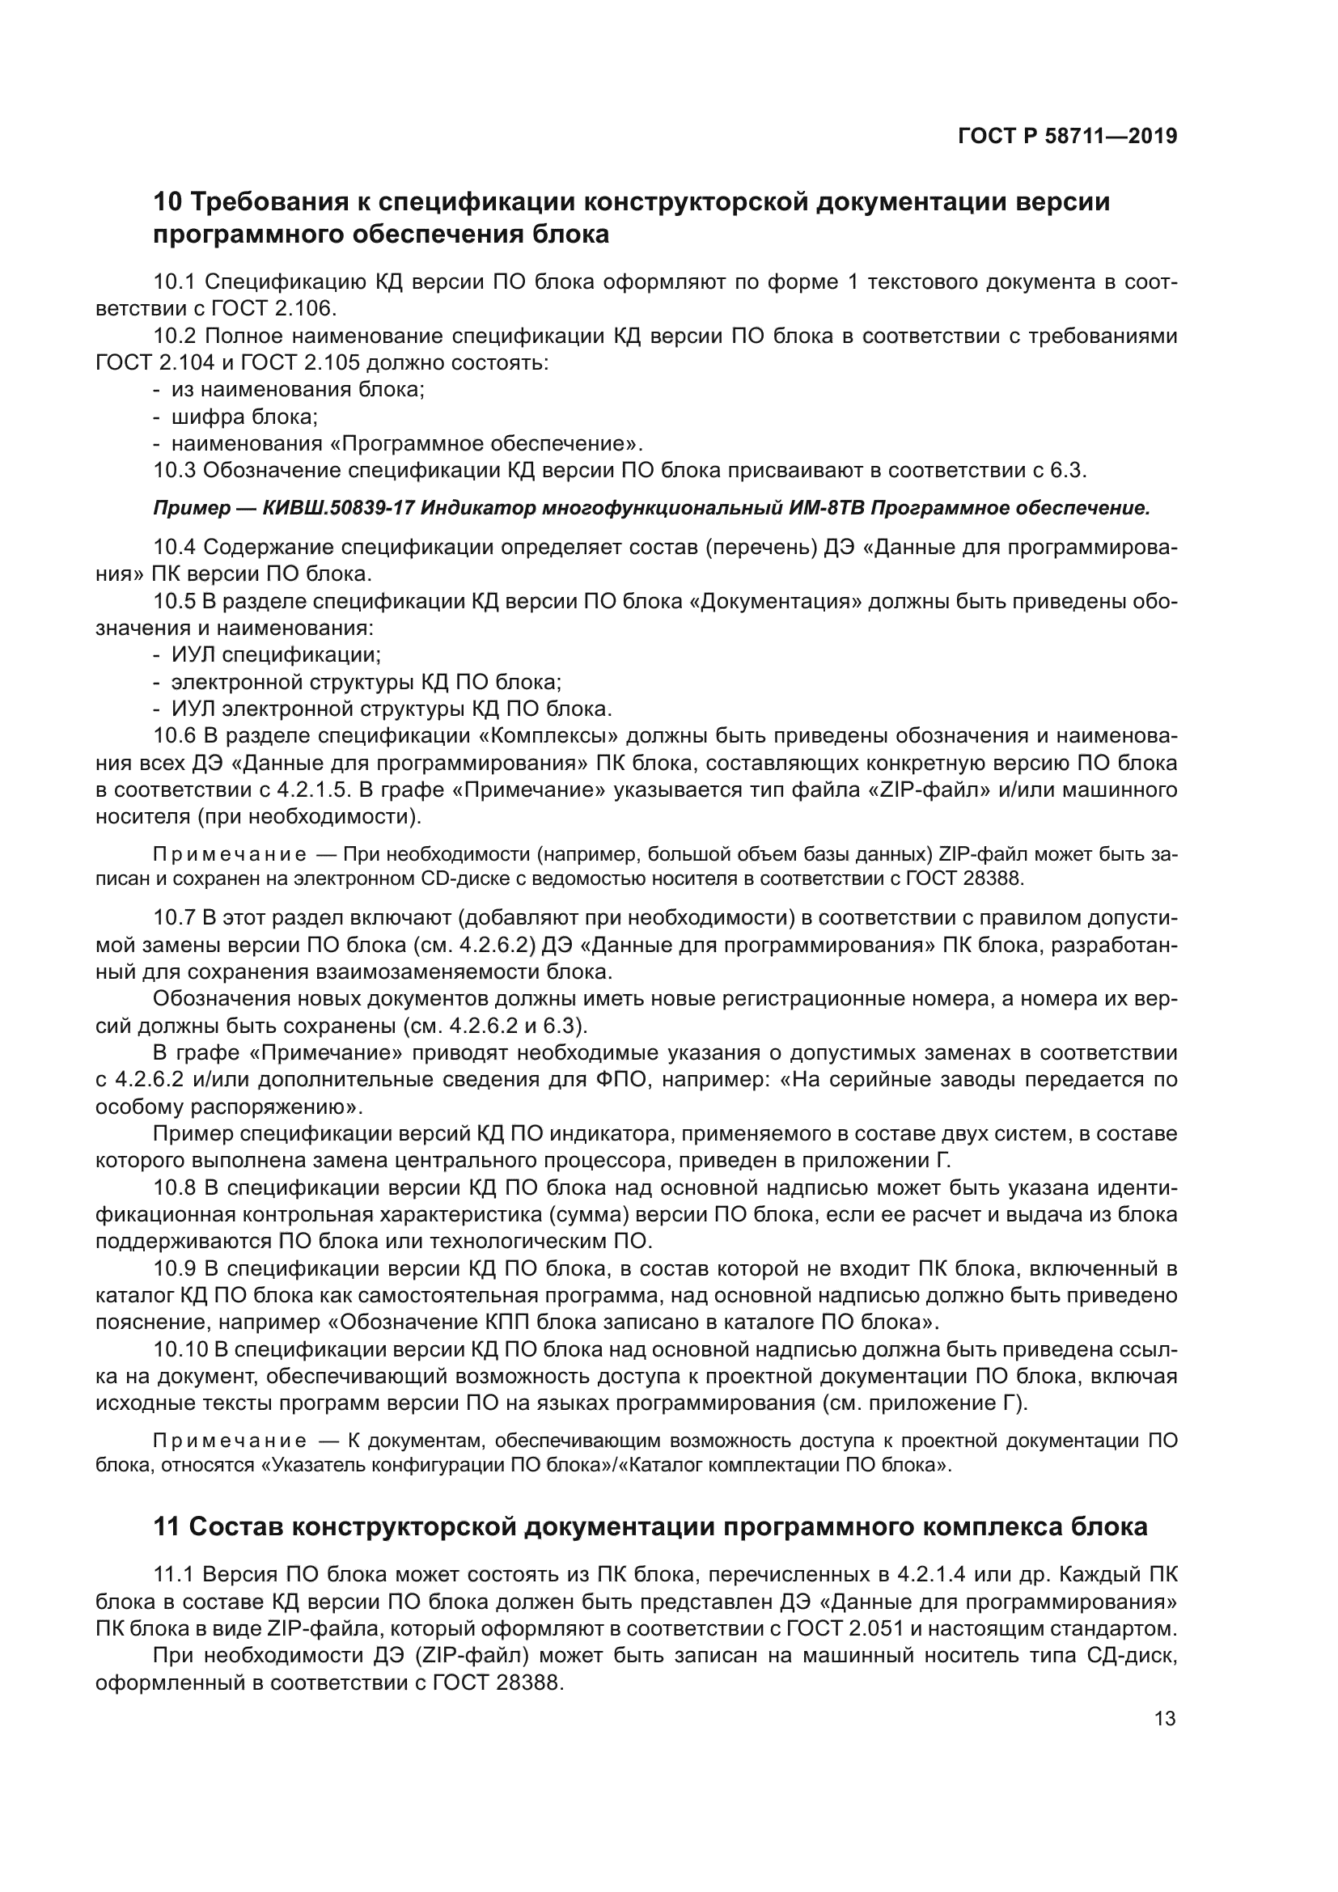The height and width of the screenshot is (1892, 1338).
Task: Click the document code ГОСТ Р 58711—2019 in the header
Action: [x=1067, y=137]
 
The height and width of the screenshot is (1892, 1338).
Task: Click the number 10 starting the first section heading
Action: [x=167, y=202]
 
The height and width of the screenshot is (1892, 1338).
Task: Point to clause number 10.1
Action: [x=173, y=282]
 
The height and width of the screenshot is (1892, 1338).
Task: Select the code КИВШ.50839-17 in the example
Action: [x=338, y=508]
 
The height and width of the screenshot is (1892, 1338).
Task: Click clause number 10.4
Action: [x=173, y=547]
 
